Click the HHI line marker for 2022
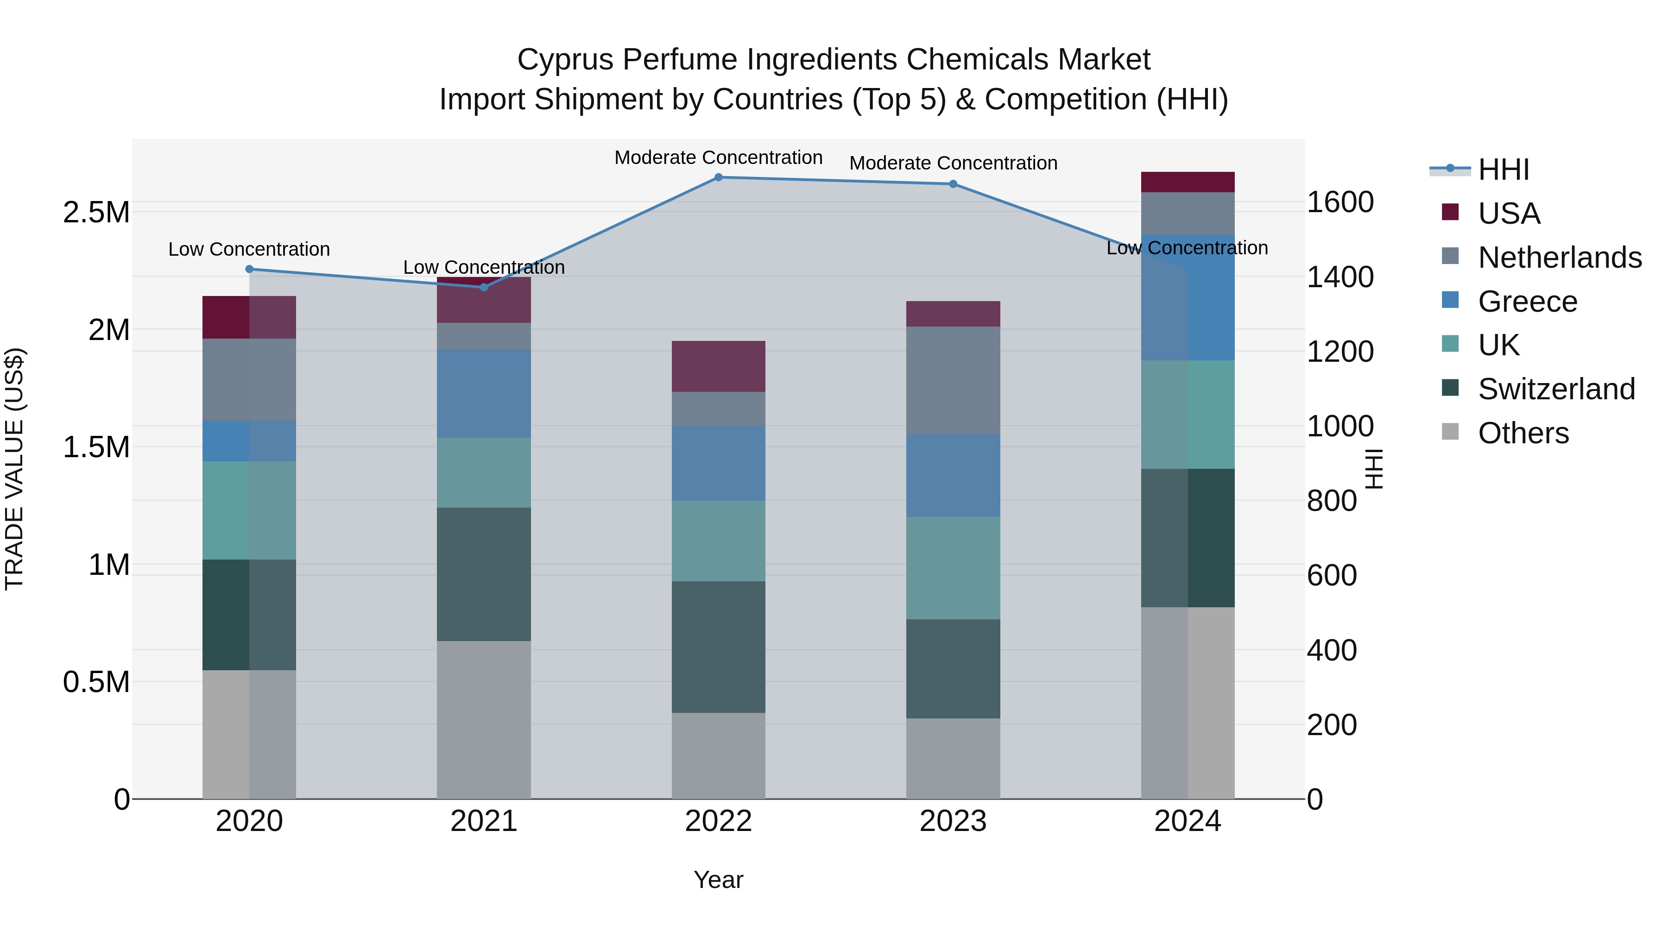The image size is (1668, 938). [718, 177]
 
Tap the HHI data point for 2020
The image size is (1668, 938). [249, 269]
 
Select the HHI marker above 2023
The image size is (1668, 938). [953, 184]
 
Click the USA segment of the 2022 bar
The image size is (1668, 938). [718, 366]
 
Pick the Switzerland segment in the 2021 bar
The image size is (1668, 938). [484, 574]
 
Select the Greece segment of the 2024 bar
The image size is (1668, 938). [1188, 298]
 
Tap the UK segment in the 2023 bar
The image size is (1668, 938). [953, 568]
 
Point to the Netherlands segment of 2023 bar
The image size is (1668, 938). [953, 380]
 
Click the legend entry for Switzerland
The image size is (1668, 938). [1556, 389]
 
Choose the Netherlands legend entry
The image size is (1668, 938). [1559, 258]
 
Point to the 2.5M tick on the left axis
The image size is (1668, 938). [96, 212]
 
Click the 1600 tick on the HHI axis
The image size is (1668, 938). [1339, 202]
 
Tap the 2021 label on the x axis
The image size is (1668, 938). [484, 821]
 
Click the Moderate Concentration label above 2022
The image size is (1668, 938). [718, 157]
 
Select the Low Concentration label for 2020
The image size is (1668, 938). [249, 249]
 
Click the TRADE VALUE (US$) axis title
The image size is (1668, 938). [14, 469]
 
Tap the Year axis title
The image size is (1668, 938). [718, 880]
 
